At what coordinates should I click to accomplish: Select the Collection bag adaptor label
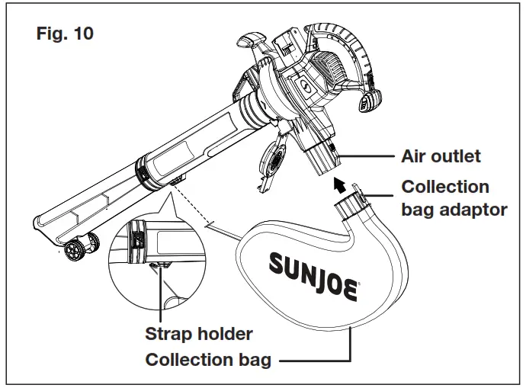(x=454, y=197)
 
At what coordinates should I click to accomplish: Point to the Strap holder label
(x=198, y=334)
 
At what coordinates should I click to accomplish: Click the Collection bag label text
(x=207, y=360)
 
